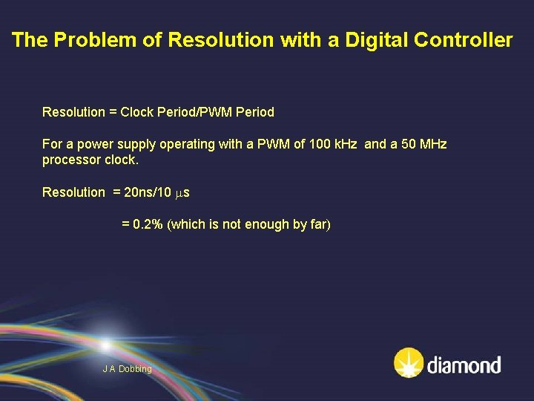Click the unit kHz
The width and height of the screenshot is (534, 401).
pyautogui.click(x=343, y=144)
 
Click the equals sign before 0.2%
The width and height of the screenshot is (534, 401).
pyautogui.click(x=125, y=224)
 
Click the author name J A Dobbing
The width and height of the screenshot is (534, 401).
pyautogui.click(x=127, y=369)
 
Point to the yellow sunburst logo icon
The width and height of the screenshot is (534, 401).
pyautogui.click(x=408, y=363)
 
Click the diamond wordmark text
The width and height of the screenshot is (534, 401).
pyautogui.click(x=464, y=365)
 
